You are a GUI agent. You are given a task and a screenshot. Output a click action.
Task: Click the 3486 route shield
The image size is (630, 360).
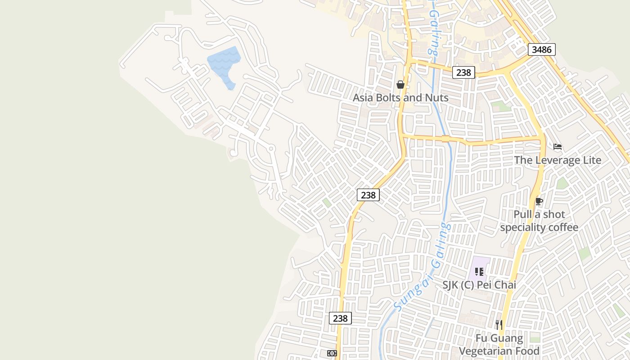[x=541, y=49]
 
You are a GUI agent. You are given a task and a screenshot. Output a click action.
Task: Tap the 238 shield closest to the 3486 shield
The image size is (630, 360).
[x=463, y=72]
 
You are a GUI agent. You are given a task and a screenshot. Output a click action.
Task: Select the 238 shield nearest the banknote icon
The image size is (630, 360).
[x=340, y=318]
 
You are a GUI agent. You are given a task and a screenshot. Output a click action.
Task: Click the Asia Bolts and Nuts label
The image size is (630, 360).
[x=400, y=98]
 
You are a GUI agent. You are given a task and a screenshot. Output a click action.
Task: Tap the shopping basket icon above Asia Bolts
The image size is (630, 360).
[x=400, y=85]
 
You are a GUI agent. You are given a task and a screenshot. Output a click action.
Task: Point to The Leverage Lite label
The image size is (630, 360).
[x=558, y=160]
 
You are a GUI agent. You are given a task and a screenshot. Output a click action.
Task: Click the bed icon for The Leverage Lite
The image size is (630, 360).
[x=558, y=147]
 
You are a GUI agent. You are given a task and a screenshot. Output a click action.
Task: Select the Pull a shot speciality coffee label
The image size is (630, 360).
[x=539, y=221]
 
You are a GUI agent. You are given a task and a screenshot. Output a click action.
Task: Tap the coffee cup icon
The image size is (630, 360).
[x=539, y=201]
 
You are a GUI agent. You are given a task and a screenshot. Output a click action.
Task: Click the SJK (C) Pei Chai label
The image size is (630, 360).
[x=479, y=285]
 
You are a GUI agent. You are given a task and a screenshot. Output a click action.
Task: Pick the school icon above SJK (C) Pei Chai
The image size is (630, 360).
[x=479, y=271]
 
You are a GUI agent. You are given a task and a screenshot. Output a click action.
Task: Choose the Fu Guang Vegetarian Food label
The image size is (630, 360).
[x=499, y=345]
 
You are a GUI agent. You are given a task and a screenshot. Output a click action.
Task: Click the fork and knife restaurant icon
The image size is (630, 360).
[x=499, y=324]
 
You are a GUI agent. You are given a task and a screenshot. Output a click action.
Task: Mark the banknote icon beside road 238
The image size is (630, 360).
[x=332, y=353]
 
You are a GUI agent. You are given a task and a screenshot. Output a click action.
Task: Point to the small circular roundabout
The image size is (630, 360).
[x=271, y=148]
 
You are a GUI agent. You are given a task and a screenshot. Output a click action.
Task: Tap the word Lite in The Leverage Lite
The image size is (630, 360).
[x=587, y=160]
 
